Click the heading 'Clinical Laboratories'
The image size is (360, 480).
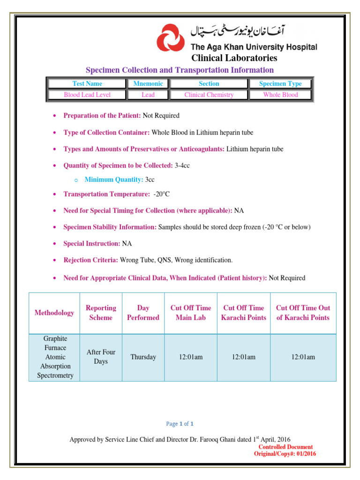click(x=234, y=58)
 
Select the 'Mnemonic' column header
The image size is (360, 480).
click(x=148, y=83)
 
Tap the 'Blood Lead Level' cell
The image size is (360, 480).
click(x=87, y=95)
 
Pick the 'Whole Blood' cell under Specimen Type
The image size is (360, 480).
click(x=280, y=95)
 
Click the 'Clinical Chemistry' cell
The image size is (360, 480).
click(x=209, y=95)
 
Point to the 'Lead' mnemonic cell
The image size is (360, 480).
click(x=148, y=95)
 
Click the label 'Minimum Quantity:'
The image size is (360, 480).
click(x=114, y=180)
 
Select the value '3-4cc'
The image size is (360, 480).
click(x=182, y=165)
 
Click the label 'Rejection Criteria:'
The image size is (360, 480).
click(x=91, y=260)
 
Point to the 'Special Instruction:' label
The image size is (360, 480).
click(x=92, y=244)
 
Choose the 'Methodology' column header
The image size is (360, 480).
click(x=54, y=313)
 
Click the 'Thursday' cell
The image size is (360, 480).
click(x=143, y=357)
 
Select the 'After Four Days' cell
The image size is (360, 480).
click(x=101, y=357)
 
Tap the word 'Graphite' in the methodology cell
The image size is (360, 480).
click(x=55, y=338)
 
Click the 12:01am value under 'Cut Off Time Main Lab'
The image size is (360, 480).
click(x=191, y=357)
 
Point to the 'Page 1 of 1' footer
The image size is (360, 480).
click(x=180, y=424)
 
